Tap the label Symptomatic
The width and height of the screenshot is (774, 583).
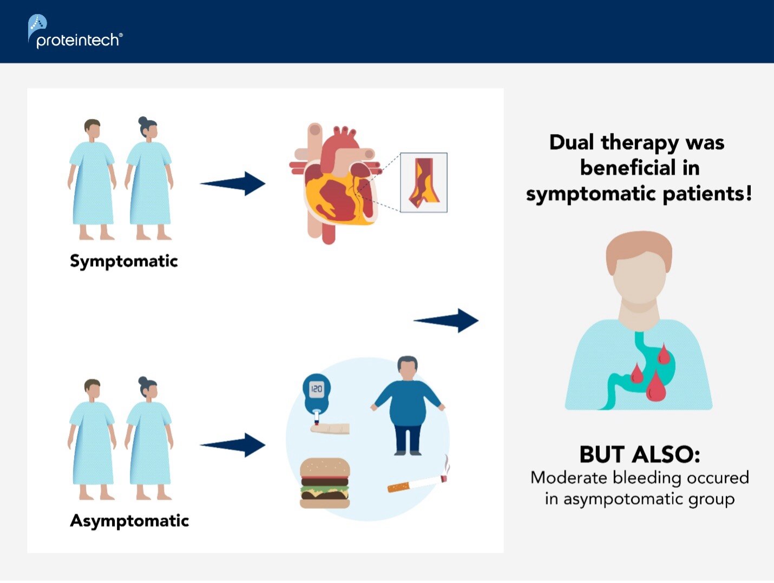click(123, 261)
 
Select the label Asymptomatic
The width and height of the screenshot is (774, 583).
click(129, 521)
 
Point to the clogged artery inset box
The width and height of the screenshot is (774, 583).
click(424, 182)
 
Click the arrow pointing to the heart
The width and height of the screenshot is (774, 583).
click(233, 184)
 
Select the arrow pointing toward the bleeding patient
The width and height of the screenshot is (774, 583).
click(446, 321)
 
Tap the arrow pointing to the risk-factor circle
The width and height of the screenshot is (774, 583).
click(233, 445)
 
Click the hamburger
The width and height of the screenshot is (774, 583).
click(325, 483)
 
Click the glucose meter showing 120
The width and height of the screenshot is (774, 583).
click(316, 393)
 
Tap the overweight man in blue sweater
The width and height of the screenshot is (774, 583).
click(408, 405)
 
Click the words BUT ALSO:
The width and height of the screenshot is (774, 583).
click(640, 454)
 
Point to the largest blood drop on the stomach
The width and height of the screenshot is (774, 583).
click(655, 386)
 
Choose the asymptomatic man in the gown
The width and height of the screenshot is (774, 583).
click(92, 438)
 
